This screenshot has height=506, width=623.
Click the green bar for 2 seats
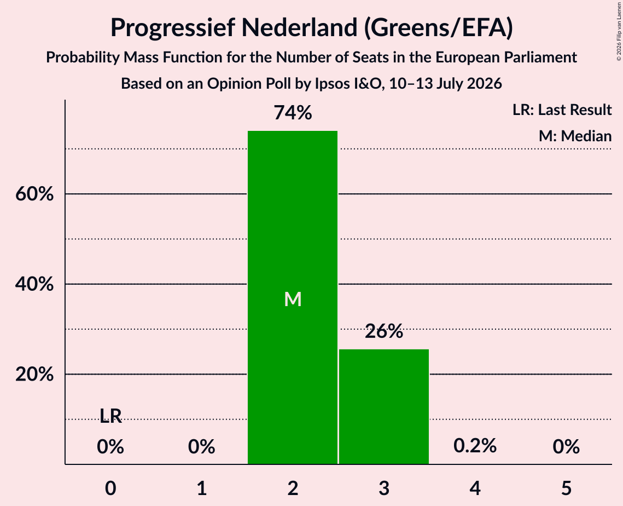(x=293, y=297)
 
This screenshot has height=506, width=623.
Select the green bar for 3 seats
(x=384, y=406)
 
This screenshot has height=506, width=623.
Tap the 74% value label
(x=293, y=113)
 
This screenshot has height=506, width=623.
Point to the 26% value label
(x=384, y=331)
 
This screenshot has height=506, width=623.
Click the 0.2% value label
(x=475, y=446)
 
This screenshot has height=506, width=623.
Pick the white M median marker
(x=293, y=299)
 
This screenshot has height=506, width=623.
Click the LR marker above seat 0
(x=110, y=416)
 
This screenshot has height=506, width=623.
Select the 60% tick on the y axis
(x=34, y=194)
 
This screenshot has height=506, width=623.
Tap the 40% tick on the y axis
(x=34, y=284)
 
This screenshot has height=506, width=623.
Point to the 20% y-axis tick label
(x=34, y=375)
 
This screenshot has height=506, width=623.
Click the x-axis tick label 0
(x=110, y=488)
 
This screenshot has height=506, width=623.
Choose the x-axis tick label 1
(x=202, y=488)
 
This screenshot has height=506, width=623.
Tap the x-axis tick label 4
(x=475, y=488)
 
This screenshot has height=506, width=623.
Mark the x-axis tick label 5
(x=566, y=488)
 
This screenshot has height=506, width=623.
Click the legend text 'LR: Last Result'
(x=562, y=110)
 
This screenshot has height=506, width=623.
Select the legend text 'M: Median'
(x=575, y=136)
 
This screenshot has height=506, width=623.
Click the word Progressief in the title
(x=172, y=28)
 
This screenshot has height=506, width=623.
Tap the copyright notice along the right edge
(x=619, y=31)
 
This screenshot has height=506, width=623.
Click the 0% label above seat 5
(x=566, y=447)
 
